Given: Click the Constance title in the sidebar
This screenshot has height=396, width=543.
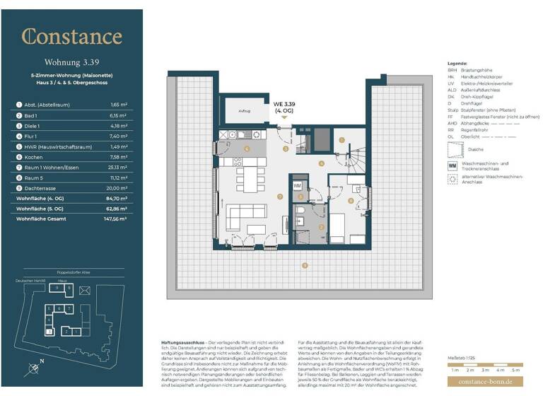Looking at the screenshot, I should pyautogui.click(x=71, y=37).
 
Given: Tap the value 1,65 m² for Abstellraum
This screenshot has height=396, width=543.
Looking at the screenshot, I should pyautogui.click(x=119, y=104).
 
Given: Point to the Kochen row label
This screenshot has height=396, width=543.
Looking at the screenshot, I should pyautogui.click(x=34, y=157).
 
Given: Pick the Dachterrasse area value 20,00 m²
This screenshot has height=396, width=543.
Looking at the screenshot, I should pyautogui.click(x=117, y=189).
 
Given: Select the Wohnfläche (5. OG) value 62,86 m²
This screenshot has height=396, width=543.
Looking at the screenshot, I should pyautogui.click(x=117, y=209).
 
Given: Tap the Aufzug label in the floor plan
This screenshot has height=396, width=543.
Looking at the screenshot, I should pyautogui.click(x=245, y=112).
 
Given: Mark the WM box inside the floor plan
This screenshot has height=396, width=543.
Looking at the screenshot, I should pyautogui.click(x=297, y=186).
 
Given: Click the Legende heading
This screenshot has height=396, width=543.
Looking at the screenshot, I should pyautogui.click(x=458, y=64).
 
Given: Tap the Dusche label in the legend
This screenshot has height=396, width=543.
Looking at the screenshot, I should pyautogui.click(x=477, y=149).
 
